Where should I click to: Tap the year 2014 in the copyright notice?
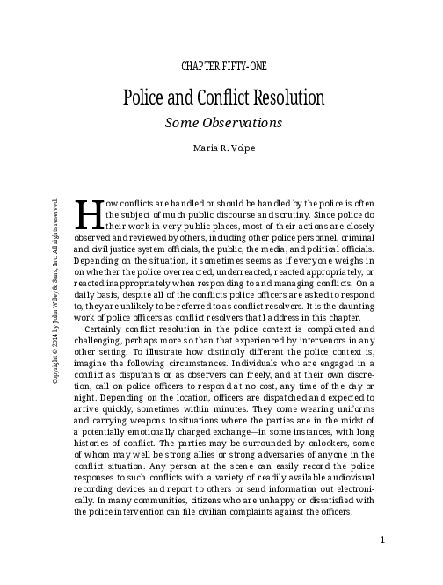coord(55,300)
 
